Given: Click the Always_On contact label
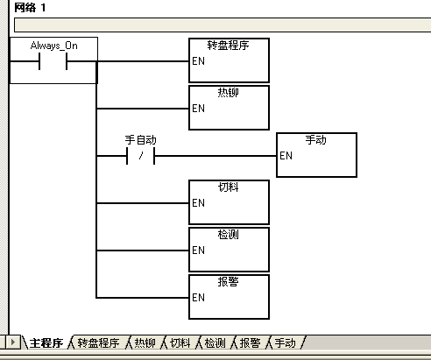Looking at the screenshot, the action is [x=54, y=46].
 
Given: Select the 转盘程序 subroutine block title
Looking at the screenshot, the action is [x=228, y=46].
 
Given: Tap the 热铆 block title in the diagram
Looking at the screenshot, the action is [x=228, y=92].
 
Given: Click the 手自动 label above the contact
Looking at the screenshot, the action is [x=141, y=140].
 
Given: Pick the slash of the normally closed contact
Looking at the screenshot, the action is [x=141, y=156].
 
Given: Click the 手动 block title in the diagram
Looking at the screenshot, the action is [x=316, y=140].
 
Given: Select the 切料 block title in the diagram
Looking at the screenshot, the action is [x=228, y=187].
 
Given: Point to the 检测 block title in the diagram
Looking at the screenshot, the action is [x=228, y=235].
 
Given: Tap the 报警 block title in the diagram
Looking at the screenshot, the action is [x=228, y=282].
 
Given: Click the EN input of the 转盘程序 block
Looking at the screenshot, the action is [x=199, y=61].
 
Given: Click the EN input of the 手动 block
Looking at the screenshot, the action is [x=286, y=156].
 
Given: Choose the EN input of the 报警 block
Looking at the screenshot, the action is [x=199, y=298].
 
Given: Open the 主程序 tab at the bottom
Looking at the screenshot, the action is [x=46, y=342].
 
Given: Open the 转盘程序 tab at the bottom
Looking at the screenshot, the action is [x=98, y=342].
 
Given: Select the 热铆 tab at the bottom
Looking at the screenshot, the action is [x=145, y=342].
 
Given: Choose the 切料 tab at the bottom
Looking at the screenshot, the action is [x=180, y=342].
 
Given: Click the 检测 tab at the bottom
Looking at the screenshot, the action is [x=215, y=342].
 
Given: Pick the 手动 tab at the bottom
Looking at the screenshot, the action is [x=285, y=342].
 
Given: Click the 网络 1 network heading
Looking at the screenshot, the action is [x=30, y=8].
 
